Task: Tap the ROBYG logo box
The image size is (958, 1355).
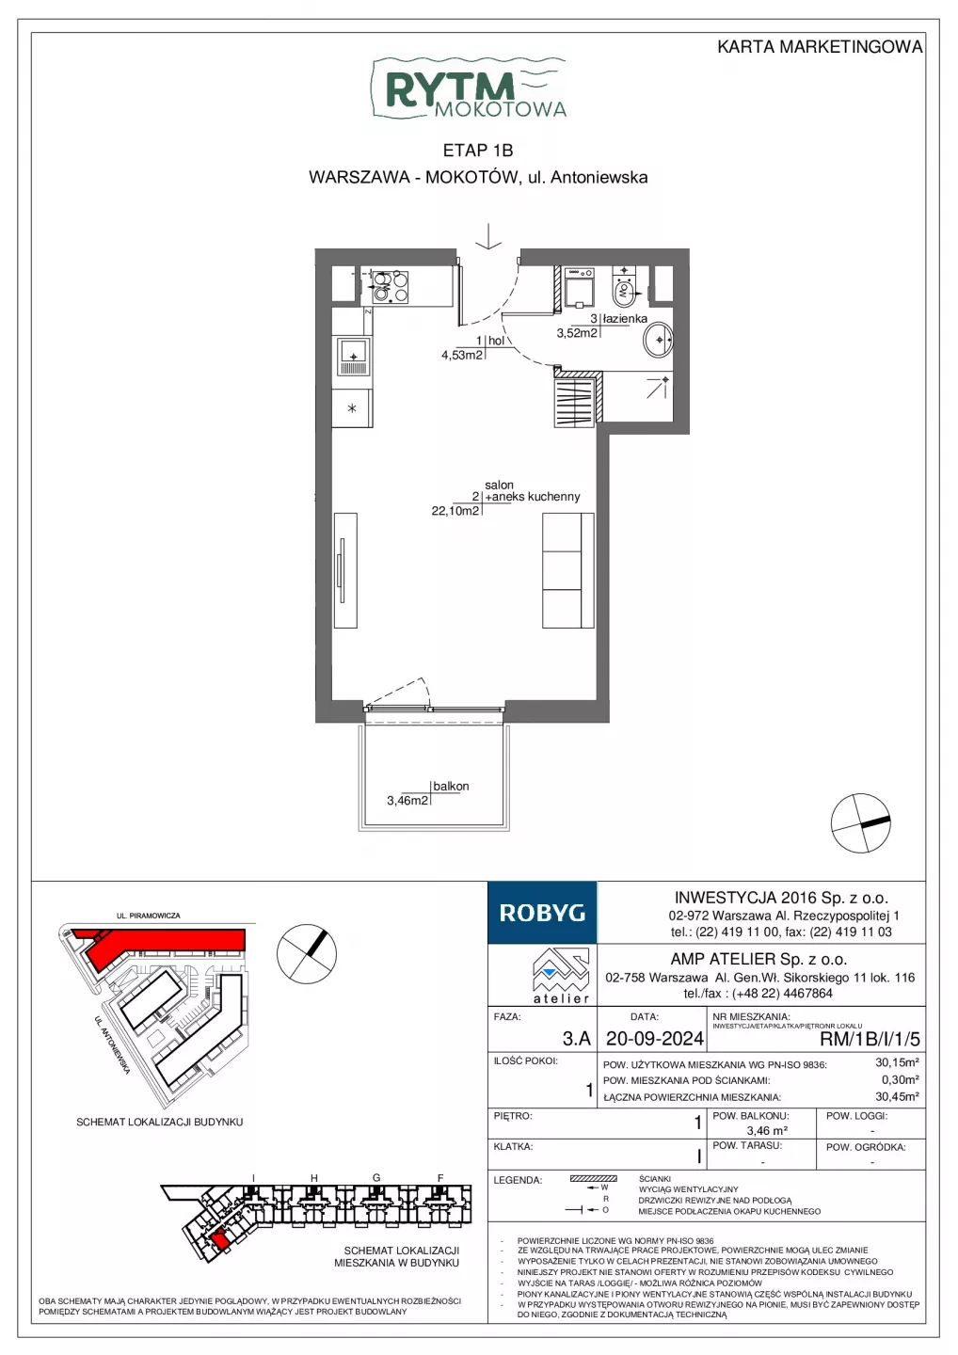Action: pyautogui.click(x=542, y=912)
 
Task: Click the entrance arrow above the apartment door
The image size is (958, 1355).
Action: pyautogui.click(x=488, y=236)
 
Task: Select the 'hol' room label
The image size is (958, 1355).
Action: pyautogui.click(x=496, y=341)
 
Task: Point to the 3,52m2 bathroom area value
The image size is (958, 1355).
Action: pyautogui.click(x=577, y=333)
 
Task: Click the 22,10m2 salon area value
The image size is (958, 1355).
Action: pyautogui.click(x=455, y=511)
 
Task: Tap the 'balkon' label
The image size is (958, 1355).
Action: pyautogui.click(x=451, y=786)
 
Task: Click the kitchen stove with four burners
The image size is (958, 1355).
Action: pyautogui.click(x=391, y=287)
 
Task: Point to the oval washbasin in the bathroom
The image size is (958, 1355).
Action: pyautogui.click(x=658, y=340)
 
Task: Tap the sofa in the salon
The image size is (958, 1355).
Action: pyautogui.click(x=567, y=570)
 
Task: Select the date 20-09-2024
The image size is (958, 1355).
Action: pyautogui.click(x=655, y=1038)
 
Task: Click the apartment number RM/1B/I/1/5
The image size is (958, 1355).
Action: pyautogui.click(x=870, y=1039)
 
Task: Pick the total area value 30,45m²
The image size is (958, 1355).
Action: pyautogui.click(x=898, y=1097)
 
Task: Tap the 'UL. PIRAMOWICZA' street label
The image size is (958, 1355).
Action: pyautogui.click(x=148, y=916)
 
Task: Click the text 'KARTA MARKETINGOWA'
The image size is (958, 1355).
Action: pyautogui.click(x=820, y=47)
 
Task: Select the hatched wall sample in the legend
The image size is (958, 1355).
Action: pyautogui.click(x=593, y=1178)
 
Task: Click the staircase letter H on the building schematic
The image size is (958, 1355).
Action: pyautogui.click(x=314, y=1178)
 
